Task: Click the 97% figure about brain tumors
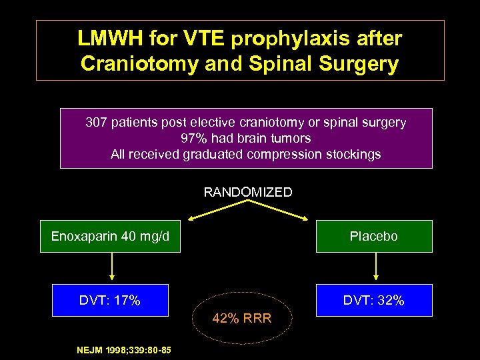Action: tap(193, 139)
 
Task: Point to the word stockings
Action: tap(356, 155)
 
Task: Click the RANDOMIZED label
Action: tap(248, 193)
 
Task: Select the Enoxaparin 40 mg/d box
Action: tap(110, 237)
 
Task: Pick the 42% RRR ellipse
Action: tap(241, 318)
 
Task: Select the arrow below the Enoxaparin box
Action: tap(112, 267)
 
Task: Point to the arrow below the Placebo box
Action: tap(377, 267)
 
